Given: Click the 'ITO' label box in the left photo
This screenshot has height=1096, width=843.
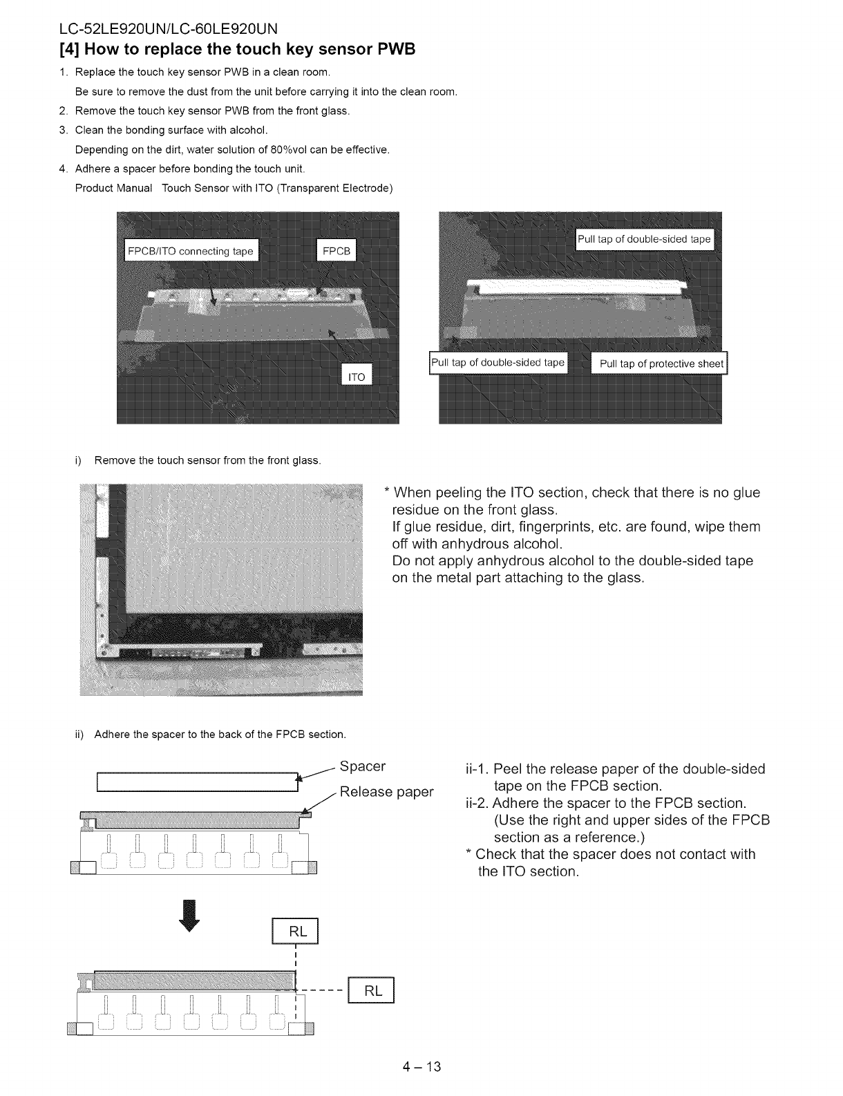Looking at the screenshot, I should [x=356, y=377].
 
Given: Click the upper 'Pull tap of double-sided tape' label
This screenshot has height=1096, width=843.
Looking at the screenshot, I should [x=644, y=239].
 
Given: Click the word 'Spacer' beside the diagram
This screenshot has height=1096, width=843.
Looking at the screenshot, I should [x=363, y=766].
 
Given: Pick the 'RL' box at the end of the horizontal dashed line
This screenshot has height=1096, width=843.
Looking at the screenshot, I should [x=372, y=991].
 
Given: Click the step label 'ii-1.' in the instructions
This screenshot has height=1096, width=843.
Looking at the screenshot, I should [x=479, y=770].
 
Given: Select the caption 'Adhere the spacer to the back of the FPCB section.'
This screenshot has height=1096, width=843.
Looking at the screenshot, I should [x=220, y=734].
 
